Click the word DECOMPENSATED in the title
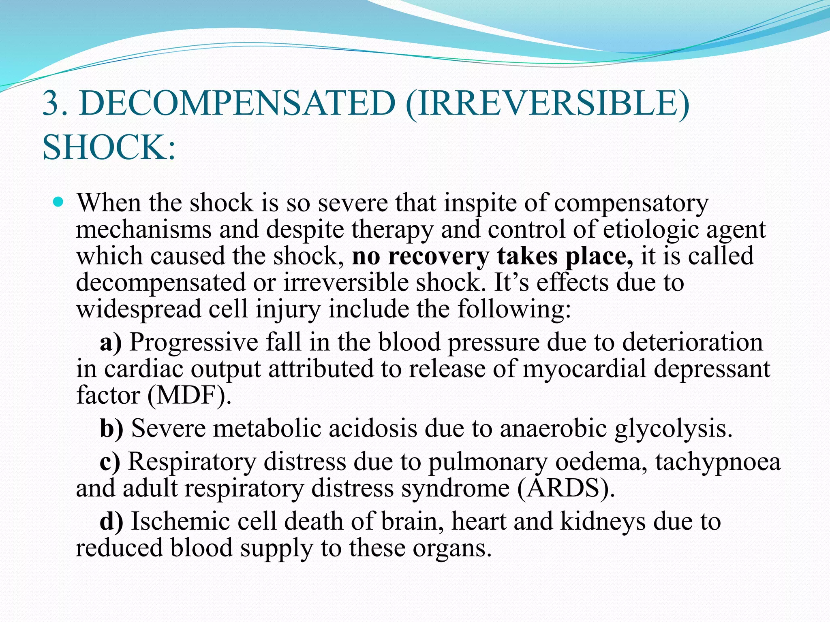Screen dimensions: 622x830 237,103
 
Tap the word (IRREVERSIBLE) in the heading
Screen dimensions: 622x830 547,104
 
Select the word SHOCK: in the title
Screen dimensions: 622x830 109,147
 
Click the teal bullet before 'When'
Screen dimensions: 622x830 59,201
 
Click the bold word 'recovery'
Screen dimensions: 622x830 439,257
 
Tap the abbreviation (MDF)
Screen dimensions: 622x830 189,395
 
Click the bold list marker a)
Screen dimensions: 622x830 111,343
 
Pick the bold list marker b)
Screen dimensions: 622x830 111,428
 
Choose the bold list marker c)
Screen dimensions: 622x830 110,462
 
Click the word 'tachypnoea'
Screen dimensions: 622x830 718,462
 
